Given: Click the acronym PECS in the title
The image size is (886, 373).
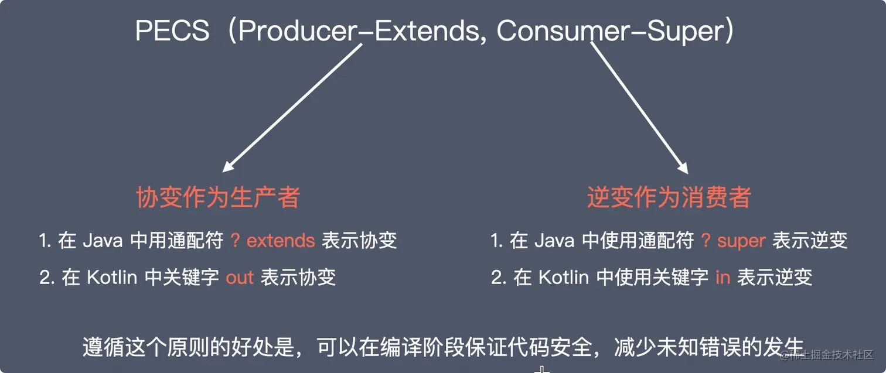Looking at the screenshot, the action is click(172, 30).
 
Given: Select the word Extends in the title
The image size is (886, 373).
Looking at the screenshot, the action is click(427, 30).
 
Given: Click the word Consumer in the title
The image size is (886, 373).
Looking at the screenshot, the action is click(563, 30).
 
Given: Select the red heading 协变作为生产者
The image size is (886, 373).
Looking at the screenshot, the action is click(218, 197).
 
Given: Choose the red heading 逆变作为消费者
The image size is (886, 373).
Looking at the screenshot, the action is click(669, 197).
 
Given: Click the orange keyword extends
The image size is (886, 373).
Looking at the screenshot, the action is click(281, 241).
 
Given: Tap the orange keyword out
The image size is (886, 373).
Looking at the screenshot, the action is click(239, 278).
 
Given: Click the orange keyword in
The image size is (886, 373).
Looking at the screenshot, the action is click(723, 278).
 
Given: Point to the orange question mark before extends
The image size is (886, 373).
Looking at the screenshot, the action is click(235, 240).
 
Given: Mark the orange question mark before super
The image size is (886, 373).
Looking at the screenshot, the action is click(706, 240).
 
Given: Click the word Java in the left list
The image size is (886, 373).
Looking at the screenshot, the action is click(103, 241).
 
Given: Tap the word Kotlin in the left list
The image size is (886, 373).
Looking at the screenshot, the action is click(112, 278).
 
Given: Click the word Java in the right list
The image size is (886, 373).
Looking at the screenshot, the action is click(554, 241).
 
